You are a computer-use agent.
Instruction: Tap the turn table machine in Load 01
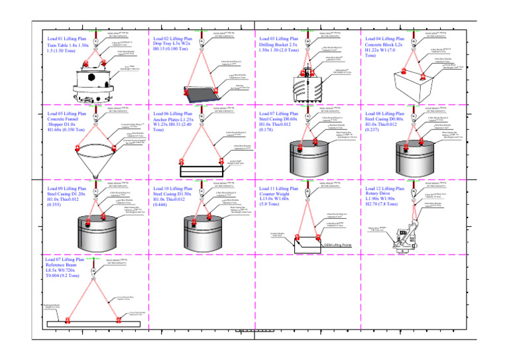(x=96, y=82)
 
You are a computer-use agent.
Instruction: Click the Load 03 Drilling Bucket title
(x=280, y=44)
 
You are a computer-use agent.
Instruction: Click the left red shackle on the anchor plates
(x=180, y=161)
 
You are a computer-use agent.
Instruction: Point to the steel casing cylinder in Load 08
(x=414, y=155)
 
